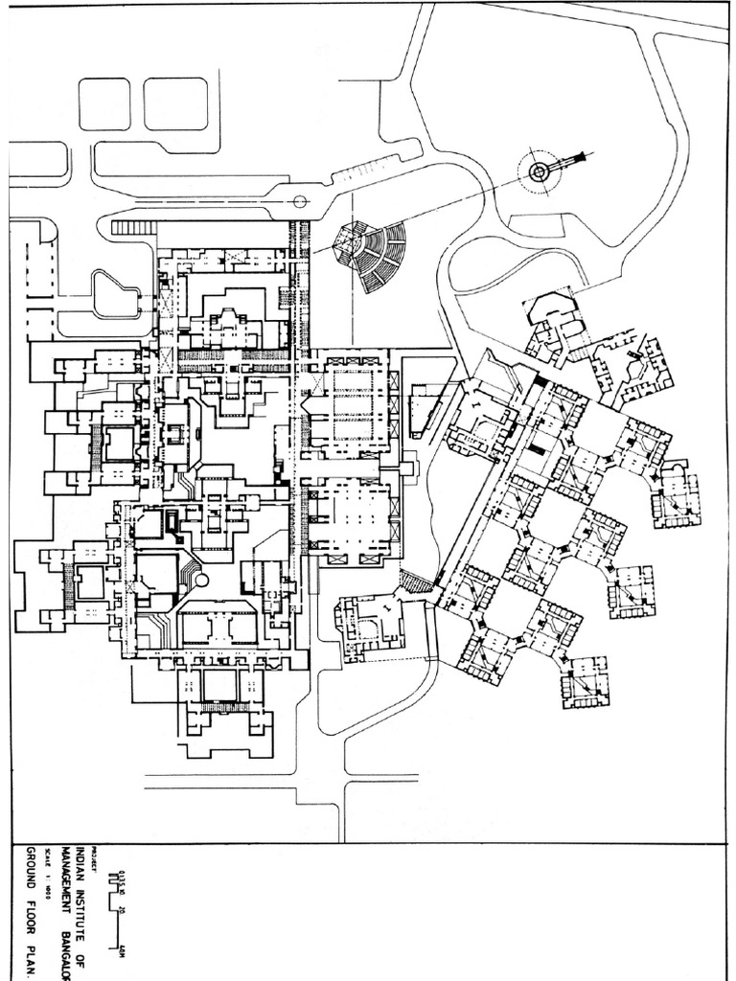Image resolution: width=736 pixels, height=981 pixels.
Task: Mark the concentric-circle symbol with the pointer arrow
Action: (540, 171)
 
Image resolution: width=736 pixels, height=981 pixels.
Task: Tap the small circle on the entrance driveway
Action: (300, 201)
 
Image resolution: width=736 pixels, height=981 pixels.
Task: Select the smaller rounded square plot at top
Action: (103, 103)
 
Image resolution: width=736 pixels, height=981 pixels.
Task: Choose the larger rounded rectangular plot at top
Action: (174, 103)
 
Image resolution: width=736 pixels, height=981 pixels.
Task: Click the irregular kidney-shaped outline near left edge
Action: (114, 292)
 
